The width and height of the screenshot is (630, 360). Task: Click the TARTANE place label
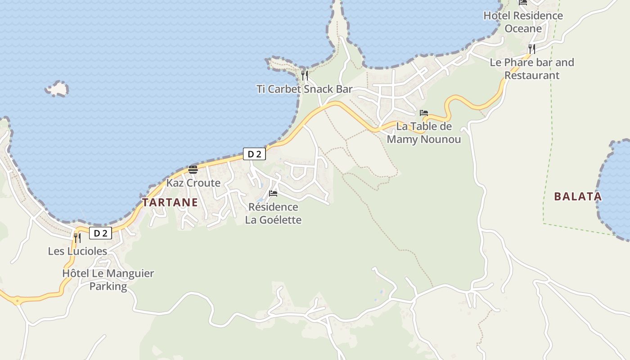170,202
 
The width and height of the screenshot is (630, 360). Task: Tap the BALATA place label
578,196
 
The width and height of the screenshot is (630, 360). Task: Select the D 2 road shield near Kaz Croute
254,154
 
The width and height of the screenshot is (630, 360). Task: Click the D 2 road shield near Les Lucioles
100,233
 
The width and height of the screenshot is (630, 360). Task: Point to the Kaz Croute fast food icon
193,170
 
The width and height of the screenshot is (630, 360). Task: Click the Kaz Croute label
193,183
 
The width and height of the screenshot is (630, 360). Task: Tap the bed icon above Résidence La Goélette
273,193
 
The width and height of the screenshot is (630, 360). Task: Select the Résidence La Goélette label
273,213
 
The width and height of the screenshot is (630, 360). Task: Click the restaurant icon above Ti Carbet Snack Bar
305,75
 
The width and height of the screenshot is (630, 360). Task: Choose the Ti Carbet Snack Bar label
305,89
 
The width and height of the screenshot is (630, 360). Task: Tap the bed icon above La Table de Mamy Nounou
424,113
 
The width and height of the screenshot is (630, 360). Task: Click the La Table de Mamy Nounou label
424,133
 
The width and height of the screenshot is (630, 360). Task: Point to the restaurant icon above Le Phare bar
532,49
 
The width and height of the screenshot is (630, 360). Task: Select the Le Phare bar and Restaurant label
532,68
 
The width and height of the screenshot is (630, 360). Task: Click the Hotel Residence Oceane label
523,22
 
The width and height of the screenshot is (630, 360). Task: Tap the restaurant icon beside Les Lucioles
77,238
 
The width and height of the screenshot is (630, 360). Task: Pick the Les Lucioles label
77,251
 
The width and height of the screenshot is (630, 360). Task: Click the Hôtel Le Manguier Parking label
108,279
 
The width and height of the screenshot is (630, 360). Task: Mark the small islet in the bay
57,89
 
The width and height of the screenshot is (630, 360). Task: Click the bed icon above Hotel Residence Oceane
523,2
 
